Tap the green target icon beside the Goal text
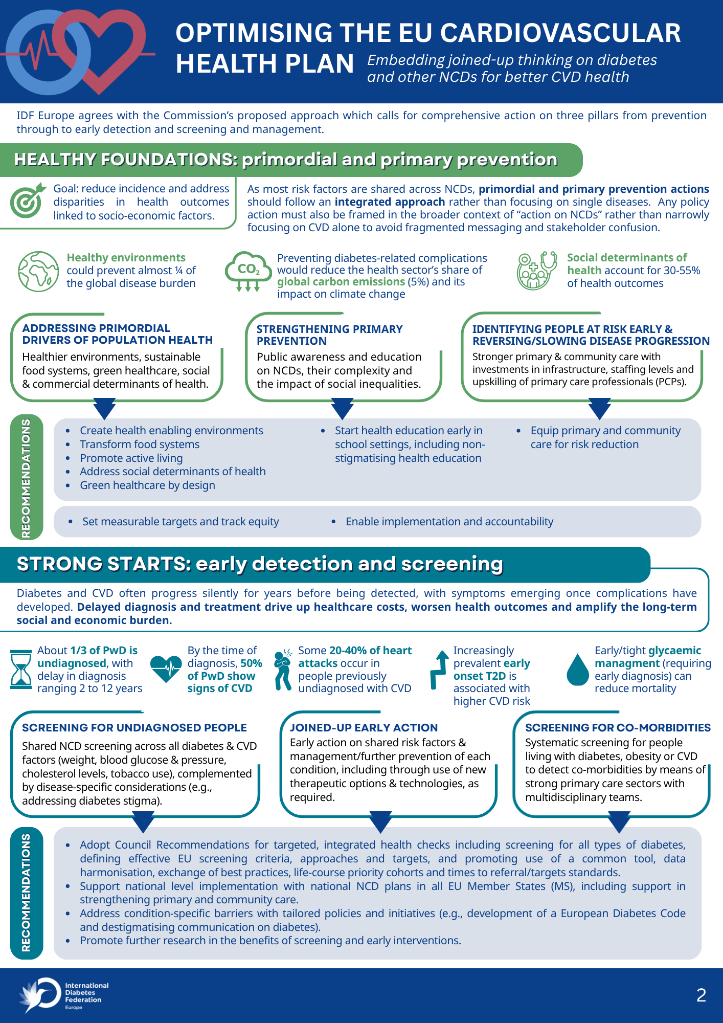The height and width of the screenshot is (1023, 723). click(x=26, y=200)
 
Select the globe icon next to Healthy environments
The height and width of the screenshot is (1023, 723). click(x=38, y=271)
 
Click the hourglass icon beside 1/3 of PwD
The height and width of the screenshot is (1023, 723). click(x=21, y=669)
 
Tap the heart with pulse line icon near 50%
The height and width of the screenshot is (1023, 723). click(x=166, y=669)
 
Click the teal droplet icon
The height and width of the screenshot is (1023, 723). click(x=578, y=670)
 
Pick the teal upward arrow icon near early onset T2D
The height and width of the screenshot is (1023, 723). click(x=439, y=670)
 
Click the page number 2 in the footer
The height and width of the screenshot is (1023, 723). click(x=701, y=995)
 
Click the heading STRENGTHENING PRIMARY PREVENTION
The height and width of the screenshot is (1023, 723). click(x=329, y=335)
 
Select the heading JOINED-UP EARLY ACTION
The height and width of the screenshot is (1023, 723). click(x=364, y=727)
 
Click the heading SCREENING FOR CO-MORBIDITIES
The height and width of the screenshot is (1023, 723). click(x=618, y=727)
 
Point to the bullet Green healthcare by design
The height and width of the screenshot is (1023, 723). click(x=147, y=485)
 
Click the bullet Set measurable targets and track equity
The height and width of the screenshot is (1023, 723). click(x=180, y=521)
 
